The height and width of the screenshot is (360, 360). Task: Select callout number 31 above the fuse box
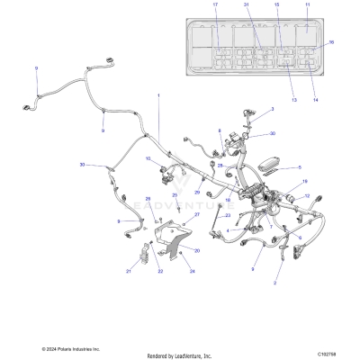pyautogui.click(x=246, y=6)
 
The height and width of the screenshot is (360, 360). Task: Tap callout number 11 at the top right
pyautogui.click(x=307, y=6)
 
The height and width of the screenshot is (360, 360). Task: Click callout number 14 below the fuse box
pyautogui.click(x=315, y=100)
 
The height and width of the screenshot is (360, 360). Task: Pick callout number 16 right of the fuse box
pyautogui.click(x=330, y=42)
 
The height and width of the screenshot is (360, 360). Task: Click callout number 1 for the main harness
pyautogui.click(x=158, y=94)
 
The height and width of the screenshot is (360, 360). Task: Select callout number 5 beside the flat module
pyautogui.click(x=300, y=168)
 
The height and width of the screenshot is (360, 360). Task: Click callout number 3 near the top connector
pyautogui.click(x=273, y=108)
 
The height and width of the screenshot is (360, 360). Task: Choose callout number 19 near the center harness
pyautogui.click(x=291, y=183)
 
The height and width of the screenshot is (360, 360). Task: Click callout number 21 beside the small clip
pyautogui.click(x=129, y=270)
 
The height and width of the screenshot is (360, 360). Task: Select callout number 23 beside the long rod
pyautogui.click(x=202, y=215)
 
